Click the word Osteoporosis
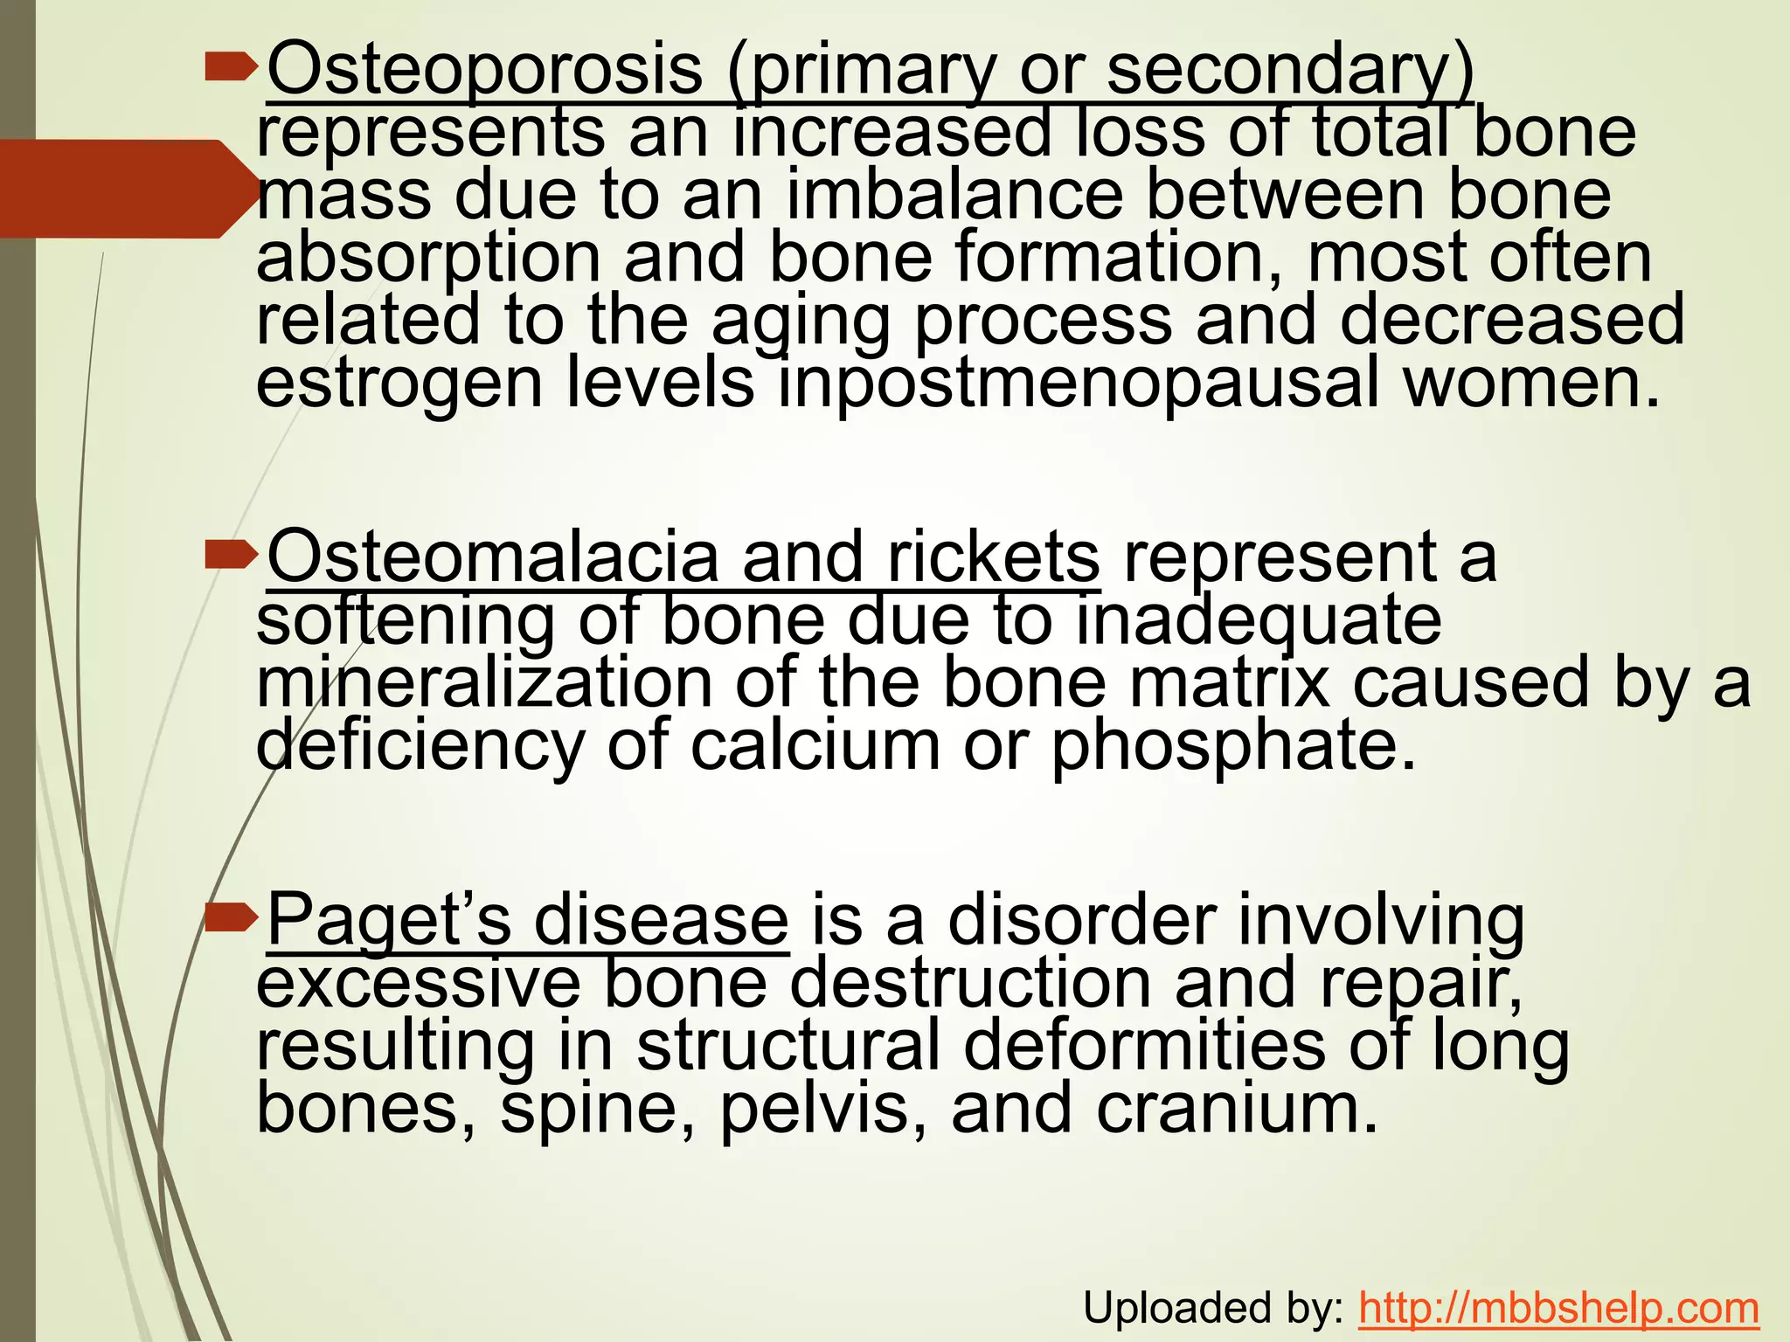point(485,70)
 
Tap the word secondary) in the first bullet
point(1290,70)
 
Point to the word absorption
point(428,258)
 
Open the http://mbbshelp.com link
point(1559,1308)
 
